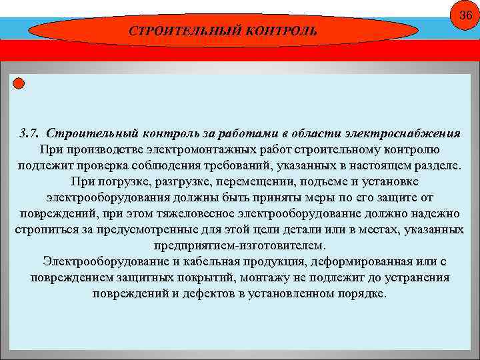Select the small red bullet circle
click(19, 83)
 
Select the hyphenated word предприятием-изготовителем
click(240, 245)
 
